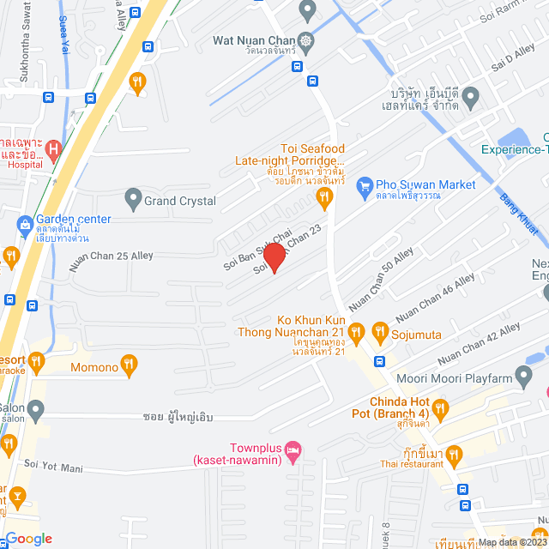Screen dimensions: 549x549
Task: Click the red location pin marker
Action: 274,257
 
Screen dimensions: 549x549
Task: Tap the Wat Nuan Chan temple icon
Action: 305,40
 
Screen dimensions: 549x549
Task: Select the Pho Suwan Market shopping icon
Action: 365,185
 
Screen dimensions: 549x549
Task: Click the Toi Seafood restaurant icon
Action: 323,199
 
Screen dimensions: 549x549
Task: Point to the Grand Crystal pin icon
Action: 132,201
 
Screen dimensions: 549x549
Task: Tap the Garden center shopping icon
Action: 25,226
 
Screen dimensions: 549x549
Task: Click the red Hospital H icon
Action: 54,150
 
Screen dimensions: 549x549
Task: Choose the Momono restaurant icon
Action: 129,366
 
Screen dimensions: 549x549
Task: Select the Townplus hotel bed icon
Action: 293,449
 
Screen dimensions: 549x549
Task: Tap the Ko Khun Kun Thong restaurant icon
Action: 357,331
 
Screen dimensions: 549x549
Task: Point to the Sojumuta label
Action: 416,331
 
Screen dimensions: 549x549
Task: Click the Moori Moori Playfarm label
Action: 464,378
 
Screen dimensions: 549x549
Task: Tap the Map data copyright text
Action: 511,542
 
